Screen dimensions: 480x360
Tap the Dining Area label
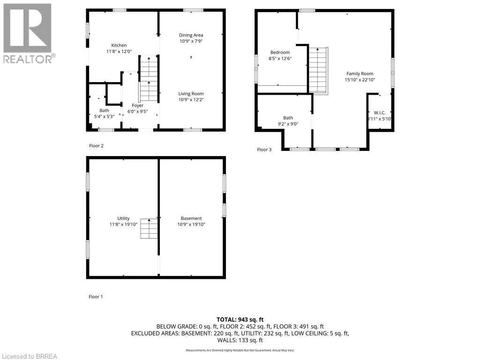[x=191, y=35]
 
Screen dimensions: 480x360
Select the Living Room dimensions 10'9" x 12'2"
[x=191, y=99]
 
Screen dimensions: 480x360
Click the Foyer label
[x=137, y=105]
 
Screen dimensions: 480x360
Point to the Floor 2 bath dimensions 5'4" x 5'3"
[x=104, y=117]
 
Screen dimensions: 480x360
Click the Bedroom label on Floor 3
[x=280, y=52]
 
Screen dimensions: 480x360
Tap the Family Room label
[x=360, y=74]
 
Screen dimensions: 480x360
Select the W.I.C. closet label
[x=379, y=113]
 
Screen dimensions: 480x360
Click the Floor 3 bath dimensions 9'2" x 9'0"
[x=288, y=124]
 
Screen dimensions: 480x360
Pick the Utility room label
[x=123, y=218]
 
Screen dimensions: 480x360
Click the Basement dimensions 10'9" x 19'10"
[x=191, y=225]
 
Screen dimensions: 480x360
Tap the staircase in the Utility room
[x=149, y=229]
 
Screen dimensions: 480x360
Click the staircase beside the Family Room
[x=318, y=71]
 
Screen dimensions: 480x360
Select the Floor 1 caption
[x=96, y=297]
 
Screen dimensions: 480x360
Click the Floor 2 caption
[x=96, y=146]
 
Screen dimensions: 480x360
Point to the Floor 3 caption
[x=264, y=150]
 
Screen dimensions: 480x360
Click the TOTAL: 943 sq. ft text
[x=240, y=320]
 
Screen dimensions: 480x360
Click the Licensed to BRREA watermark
[x=29, y=356]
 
